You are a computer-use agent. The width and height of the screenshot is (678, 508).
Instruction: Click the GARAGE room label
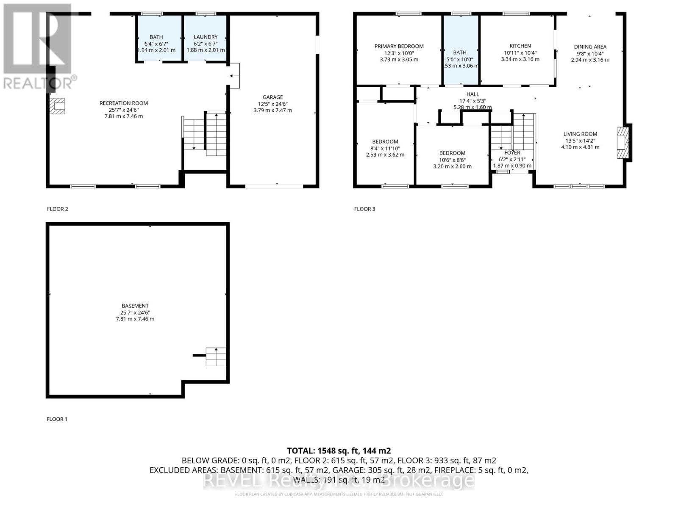pos(272,97)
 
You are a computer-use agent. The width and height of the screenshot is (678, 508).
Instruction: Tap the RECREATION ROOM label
pos(124,103)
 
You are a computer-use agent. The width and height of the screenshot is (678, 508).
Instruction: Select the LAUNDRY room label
pos(206,37)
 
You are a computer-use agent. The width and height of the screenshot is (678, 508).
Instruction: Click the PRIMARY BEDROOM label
pos(399,46)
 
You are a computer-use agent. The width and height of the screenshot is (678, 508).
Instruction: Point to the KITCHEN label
pos(520,46)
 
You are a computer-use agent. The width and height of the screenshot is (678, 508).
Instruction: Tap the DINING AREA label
pos(590,47)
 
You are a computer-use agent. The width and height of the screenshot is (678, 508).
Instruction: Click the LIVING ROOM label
pos(580,134)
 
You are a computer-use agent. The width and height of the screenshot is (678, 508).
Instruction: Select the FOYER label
pos(512,152)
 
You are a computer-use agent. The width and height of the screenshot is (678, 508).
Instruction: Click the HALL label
pos(472,94)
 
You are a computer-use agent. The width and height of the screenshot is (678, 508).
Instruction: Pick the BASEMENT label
pos(135,306)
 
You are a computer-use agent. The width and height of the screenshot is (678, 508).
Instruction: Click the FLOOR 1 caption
pos(57,419)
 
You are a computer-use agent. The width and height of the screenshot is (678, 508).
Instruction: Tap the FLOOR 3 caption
pos(364,209)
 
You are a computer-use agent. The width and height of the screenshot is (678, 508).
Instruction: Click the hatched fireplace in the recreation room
pos(57,106)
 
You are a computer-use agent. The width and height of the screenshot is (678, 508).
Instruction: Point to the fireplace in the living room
pos(622,143)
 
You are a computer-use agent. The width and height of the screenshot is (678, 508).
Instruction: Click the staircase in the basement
pos(216,356)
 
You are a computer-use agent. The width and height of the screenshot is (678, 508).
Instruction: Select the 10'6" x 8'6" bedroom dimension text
pos(452,160)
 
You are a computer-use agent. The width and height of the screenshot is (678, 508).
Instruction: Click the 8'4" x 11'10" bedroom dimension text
pos(385,148)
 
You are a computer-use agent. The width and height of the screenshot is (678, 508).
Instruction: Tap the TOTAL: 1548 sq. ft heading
pos(339,450)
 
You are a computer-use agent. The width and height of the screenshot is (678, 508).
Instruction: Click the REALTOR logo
pos(39,47)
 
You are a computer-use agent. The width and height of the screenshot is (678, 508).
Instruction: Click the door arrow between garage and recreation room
pos(232,76)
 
